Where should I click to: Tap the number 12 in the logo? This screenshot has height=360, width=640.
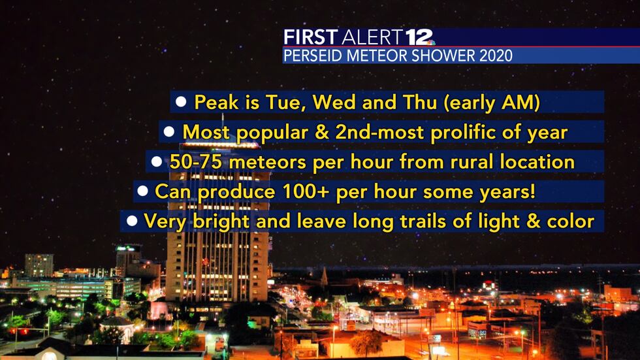click(419, 37)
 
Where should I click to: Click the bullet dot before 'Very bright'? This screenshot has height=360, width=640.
click(132, 221)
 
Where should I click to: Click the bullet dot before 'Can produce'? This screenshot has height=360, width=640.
click(142, 192)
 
